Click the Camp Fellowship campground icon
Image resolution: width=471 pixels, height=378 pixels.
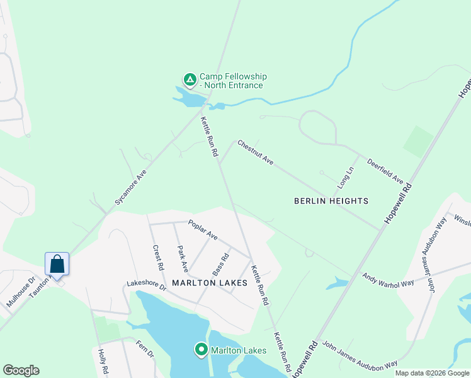point(189,80)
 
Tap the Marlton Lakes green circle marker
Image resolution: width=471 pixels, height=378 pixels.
point(201,349)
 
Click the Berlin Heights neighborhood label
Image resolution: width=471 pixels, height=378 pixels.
point(331,201)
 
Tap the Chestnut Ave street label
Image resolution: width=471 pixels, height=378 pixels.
point(255,153)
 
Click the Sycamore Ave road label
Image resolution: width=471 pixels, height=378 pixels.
point(130,187)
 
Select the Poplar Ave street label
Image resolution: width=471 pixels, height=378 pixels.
point(203,230)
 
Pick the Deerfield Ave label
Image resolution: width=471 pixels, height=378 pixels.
point(385,171)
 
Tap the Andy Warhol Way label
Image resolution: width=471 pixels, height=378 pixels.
point(388,280)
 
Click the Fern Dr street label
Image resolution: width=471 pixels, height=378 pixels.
point(145,350)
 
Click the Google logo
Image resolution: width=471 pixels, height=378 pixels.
point(21,370)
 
